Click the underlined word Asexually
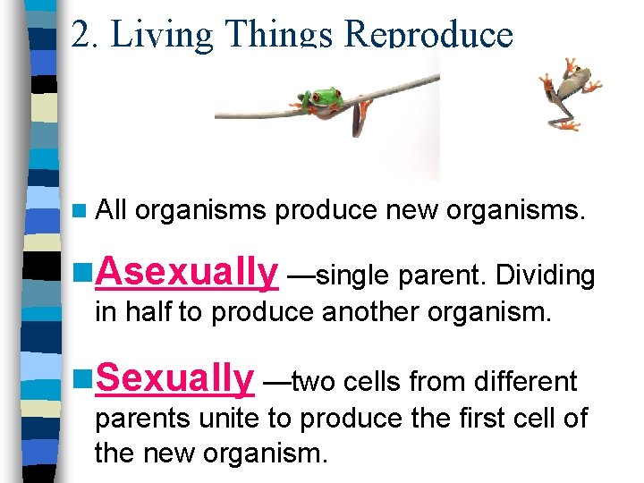tap(186, 272)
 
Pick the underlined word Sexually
tap(174, 378)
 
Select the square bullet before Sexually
tap(83, 379)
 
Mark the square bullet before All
tap(82, 211)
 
